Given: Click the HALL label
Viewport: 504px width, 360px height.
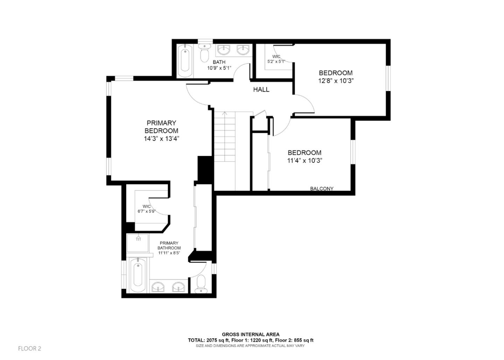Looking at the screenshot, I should (x=261, y=90).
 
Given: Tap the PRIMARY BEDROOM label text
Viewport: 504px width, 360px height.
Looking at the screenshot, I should (x=161, y=127).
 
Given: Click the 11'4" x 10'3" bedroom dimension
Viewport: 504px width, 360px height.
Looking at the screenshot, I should (x=304, y=161).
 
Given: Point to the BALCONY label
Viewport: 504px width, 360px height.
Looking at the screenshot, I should (x=322, y=189).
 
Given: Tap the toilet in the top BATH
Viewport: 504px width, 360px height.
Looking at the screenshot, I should (x=203, y=53).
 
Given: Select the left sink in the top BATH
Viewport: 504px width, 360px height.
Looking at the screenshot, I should (x=223, y=50).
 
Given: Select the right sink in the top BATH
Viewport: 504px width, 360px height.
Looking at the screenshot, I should (x=243, y=50).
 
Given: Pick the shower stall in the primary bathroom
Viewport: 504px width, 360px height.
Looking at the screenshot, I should (x=138, y=243).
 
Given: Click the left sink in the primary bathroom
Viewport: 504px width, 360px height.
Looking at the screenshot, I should (x=159, y=288).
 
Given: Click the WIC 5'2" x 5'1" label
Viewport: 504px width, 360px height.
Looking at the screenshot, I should (x=276, y=59).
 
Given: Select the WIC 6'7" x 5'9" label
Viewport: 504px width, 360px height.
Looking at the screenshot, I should (x=146, y=209).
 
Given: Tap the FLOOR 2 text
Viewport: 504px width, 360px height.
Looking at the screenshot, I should (x=30, y=348).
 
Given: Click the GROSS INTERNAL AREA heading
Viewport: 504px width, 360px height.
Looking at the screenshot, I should (x=251, y=334).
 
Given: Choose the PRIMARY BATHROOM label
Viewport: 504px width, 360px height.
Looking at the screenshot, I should (x=169, y=248).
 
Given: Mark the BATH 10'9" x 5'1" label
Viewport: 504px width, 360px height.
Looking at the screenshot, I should (x=219, y=65).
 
